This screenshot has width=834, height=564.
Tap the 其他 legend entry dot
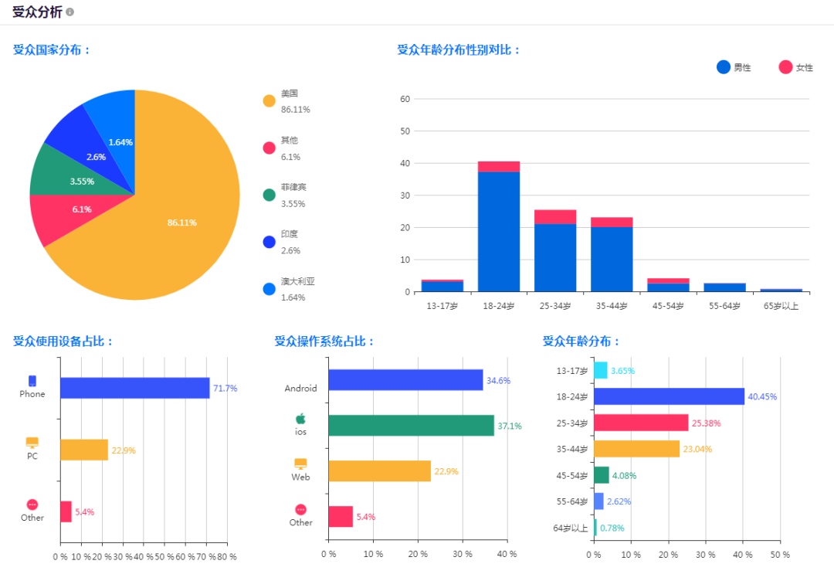point(269,148)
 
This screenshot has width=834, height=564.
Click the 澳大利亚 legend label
point(297,281)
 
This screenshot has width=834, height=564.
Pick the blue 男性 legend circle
point(724,67)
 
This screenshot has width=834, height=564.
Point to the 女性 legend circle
point(785,67)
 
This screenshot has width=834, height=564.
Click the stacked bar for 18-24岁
point(499,228)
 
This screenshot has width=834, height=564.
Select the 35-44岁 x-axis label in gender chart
point(612,307)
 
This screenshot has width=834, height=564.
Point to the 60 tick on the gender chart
point(405,99)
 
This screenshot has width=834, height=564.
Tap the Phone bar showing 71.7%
point(134,388)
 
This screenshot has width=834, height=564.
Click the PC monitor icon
point(32,443)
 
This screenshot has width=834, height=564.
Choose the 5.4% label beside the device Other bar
point(85,512)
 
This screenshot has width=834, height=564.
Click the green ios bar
point(411,426)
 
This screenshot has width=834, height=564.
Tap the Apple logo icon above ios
point(300,418)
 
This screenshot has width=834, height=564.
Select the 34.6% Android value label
point(498,381)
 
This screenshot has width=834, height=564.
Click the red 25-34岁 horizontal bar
point(641,423)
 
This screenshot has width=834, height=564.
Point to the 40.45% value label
point(761,397)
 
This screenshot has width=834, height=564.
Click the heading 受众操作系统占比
point(324,341)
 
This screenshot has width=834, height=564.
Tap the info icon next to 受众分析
point(70,12)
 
